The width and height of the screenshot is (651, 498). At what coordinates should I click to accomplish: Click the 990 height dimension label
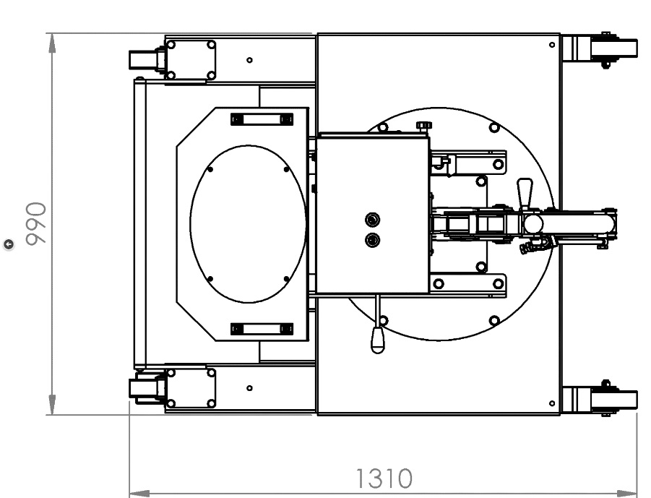[x=35, y=223]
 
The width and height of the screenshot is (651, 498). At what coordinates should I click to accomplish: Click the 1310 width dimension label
[x=384, y=478]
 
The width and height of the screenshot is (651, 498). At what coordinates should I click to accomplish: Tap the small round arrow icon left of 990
[x=8, y=244]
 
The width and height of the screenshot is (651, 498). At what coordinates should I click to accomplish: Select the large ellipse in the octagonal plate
[x=248, y=224]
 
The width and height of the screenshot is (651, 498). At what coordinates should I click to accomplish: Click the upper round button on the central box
[x=372, y=219]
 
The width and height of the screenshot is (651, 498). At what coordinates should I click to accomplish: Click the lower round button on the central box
[x=372, y=240]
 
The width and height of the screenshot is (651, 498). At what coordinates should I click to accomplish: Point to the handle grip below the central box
[x=377, y=340]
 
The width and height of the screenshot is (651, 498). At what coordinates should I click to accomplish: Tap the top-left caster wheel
[x=142, y=59]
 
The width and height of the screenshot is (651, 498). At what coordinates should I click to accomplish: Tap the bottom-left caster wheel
[x=142, y=389]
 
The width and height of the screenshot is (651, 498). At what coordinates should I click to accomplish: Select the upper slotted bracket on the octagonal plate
[x=262, y=119]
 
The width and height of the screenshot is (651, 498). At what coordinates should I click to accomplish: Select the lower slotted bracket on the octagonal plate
[x=262, y=329]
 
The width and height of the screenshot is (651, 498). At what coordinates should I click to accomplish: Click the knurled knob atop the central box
[x=424, y=125]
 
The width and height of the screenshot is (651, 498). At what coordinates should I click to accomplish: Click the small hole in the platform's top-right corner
[x=552, y=45]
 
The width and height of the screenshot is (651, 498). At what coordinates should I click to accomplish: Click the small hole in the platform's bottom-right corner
[x=552, y=403]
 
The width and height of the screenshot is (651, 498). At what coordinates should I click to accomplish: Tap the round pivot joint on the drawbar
[x=533, y=223]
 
